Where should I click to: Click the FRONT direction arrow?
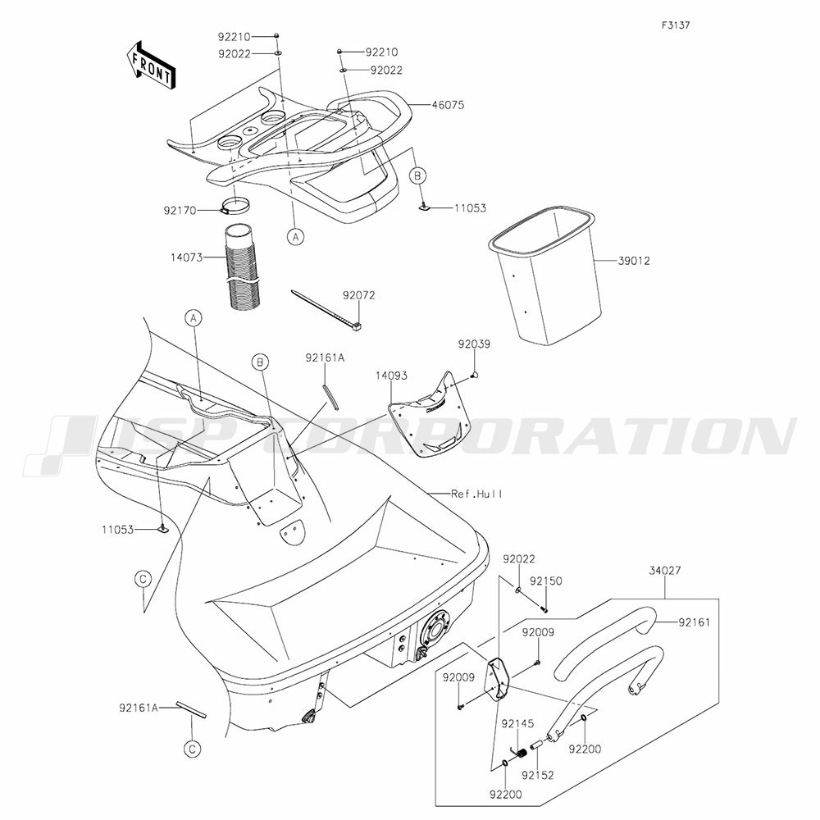point(151,64)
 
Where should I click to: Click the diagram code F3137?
point(675,25)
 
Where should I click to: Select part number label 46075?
point(448,105)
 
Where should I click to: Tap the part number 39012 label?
point(634,261)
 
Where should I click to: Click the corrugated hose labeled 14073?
point(244,266)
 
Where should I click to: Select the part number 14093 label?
point(391,376)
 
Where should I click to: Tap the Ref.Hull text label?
point(476,494)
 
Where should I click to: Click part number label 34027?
point(665,571)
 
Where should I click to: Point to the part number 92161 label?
point(695,622)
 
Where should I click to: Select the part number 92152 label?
point(538,775)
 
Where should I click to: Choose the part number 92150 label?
point(546,581)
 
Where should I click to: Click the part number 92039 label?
point(474,344)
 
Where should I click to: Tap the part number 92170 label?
point(180,211)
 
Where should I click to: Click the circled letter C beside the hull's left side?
point(143,579)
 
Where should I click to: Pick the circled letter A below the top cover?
point(295,238)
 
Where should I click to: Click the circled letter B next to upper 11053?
point(417,175)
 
